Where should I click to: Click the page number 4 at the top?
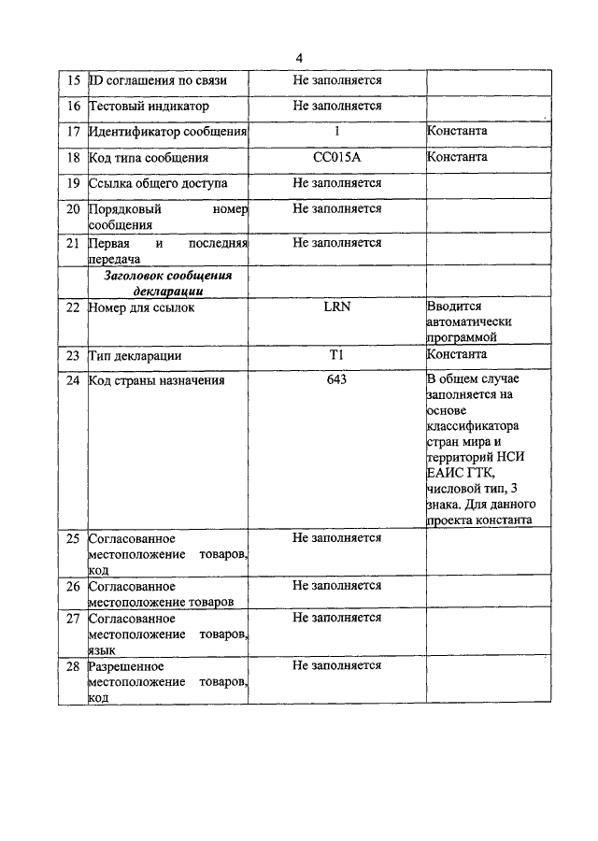pos(299,57)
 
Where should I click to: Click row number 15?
pos(73,81)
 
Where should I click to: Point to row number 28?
pos(73,666)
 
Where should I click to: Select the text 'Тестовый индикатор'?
pos(149,107)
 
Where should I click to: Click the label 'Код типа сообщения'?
pos(149,158)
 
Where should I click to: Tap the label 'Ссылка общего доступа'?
pos(158,183)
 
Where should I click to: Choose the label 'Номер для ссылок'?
pos(142,306)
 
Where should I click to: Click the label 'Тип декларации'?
pos(135,355)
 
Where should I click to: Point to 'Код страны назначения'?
pos(156,380)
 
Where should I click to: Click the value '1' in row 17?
pos(336,132)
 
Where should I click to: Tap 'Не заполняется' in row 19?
pos(336,183)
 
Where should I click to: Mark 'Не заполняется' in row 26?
pos(336,586)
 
